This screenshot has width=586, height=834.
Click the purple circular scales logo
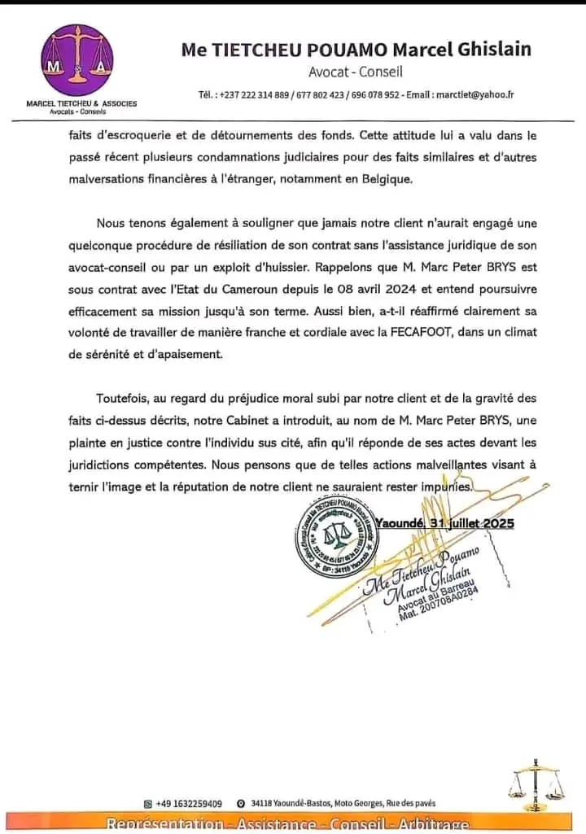pyautogui.click(x=77, y=60)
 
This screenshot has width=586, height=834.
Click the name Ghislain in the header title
pyautogui.click(x=490, y=49)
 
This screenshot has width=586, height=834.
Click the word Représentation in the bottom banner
pyautogui.click(x=165, y=825)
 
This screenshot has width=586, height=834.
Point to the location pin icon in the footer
pyautogui.click(x=241, y=803)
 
